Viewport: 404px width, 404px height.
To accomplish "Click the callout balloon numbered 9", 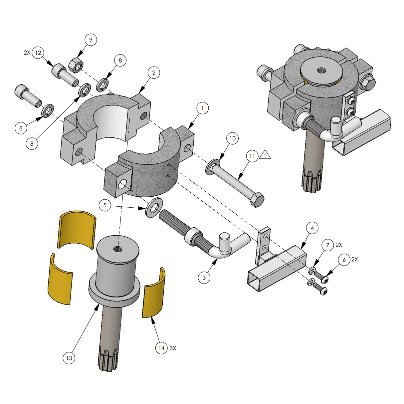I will [x=91, y=40].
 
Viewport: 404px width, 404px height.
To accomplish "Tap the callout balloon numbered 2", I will [x=153, y=73].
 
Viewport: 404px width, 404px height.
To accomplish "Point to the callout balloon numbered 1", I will [x=202, y=108].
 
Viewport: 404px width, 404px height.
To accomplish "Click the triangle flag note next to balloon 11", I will [x=265, y=155].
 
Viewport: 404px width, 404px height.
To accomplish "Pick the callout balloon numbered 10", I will [x=233, y=138].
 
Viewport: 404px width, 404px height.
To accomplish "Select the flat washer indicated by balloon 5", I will [x=154, y=208].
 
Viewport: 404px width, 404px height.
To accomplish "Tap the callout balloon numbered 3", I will [x=204, y=278].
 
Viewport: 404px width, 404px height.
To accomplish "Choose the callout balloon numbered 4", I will [x=312, y=228].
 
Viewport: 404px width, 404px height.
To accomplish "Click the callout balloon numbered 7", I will [x=327, y=245].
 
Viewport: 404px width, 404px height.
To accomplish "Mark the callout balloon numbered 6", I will [x=344, y=260].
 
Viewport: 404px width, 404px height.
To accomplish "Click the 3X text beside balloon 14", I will [x=173, y=348].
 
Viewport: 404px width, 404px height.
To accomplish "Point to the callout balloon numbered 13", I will [x=69, y=358].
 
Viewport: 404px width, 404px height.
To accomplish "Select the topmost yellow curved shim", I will [x=77, y=228].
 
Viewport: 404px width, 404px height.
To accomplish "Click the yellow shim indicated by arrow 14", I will [x=153, y=293].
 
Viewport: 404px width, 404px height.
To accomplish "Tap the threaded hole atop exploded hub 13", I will [x=117, y=249].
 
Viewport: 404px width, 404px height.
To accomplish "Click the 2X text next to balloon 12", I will [x=27, y=53].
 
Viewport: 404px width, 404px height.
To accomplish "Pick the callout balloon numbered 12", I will [x=38, y=53].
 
